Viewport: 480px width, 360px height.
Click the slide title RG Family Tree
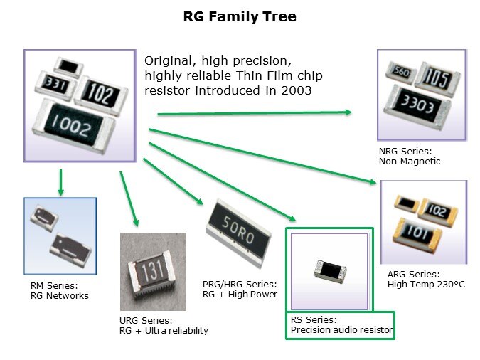240,16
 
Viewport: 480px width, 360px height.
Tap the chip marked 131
151,272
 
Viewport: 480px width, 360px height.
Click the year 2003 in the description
294,92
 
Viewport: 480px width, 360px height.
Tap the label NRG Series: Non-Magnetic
410,157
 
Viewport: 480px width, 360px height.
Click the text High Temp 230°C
426,285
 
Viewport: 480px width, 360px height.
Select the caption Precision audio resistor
342,330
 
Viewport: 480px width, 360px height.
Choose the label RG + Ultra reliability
164,331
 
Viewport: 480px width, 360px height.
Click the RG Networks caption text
60,295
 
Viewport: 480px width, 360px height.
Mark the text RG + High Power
240,295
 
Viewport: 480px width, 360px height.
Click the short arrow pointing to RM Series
61,182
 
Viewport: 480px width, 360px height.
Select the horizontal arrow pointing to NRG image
254,113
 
